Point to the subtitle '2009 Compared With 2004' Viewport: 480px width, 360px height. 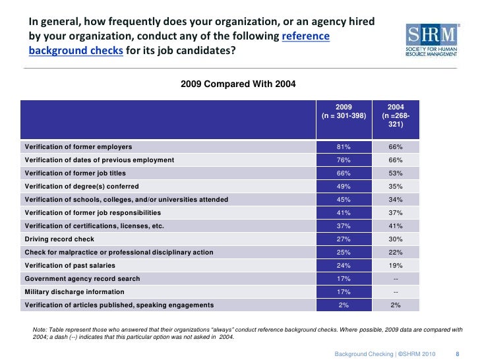coord(238,84)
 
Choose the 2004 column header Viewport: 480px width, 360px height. coord(396,115)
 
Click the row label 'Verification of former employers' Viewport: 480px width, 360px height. coord(78,146)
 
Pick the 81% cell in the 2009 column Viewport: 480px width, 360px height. coord(344,146)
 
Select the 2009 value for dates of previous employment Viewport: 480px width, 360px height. coord(344,160)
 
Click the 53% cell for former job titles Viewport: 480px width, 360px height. coord(396,173)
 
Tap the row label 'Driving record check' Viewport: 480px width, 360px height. coord(59,239)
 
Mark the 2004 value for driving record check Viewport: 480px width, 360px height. coord(396,239)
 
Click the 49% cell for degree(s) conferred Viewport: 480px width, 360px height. coord(344,186)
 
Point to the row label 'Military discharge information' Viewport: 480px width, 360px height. coord(74,291)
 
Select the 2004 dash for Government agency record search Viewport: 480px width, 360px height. coord(396,278)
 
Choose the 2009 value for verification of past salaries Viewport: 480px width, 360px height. coord(344,265)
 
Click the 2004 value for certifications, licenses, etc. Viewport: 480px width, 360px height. coord(396,225)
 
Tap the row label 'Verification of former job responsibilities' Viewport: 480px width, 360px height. coord(92,212)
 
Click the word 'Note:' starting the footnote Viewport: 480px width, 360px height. coord(40,329)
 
